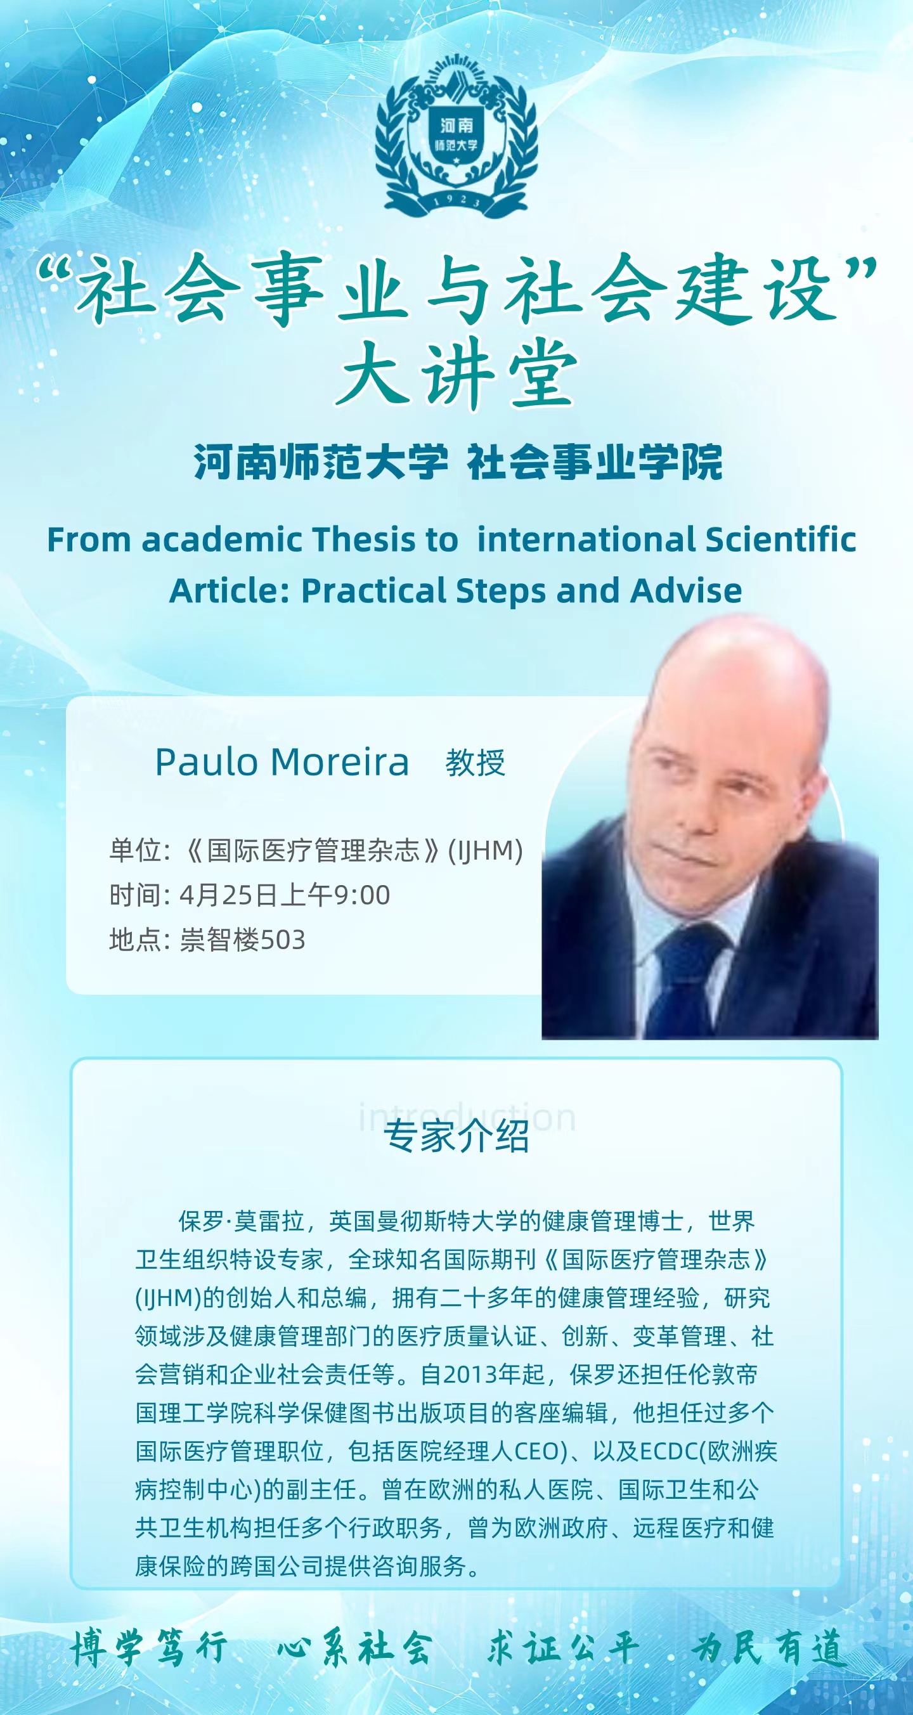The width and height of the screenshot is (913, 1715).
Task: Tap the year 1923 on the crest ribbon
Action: pos(457,200)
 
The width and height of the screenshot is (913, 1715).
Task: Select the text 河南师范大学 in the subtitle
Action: pos(321,462)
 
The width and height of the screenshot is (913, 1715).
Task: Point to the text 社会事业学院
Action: pos(595,462)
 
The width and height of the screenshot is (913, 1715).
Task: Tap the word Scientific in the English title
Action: pos(780,540)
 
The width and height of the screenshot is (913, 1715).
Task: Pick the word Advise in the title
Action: pos(686,590)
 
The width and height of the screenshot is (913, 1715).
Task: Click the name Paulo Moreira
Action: pos(282,762)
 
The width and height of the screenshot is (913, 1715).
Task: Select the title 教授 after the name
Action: pos(476,762)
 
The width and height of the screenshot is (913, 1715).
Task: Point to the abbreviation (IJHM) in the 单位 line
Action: pos(486,850)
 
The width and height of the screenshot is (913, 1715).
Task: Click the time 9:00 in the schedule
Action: pos(361,895)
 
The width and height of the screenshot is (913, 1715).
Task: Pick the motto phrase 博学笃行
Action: pos(150,1648)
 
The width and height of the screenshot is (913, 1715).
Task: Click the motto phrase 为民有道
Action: pos(769,1648)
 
